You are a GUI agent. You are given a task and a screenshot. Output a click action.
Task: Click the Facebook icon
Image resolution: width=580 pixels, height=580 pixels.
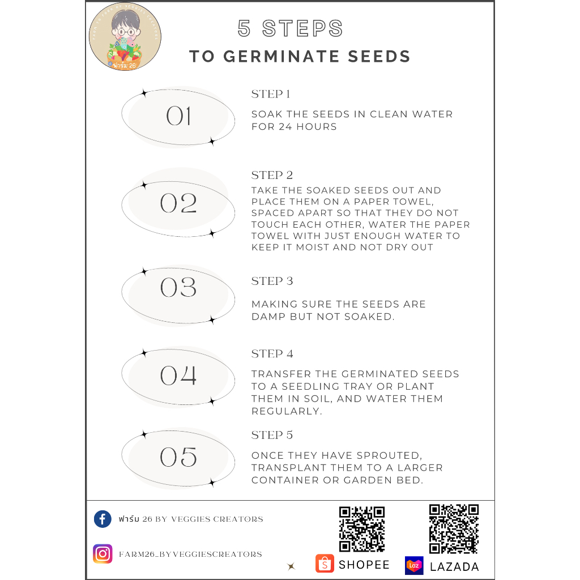[x=103, y=519]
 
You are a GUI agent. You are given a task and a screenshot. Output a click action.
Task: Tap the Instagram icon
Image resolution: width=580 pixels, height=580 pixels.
[x=103, y=554]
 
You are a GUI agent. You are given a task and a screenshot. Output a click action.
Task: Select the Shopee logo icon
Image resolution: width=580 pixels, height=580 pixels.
[x=325, y=564]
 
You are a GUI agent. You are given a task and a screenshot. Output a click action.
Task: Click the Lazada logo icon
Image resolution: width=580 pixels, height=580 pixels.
[x=414, y=566]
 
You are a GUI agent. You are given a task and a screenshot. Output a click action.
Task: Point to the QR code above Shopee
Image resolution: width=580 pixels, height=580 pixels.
[x=362, y=530]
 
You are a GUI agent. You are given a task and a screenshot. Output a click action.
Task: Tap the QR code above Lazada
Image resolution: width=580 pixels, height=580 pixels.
[x=454, y=529]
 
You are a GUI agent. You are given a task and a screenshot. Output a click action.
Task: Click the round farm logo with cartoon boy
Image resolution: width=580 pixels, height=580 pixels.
[x=125, y=37]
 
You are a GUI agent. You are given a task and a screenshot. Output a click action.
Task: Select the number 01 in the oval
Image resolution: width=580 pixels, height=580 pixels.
[x=178, y=116]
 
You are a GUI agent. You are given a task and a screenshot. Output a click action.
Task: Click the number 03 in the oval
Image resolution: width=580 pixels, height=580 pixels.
[x=178, y=287]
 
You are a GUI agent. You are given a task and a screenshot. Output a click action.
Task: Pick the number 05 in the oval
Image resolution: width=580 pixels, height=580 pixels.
[x=178, y=457]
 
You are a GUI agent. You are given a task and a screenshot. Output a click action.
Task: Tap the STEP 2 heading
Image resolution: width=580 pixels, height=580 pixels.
[x=272, y=175]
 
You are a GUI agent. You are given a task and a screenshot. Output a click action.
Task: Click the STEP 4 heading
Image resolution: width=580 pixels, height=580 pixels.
[x=272, y=354]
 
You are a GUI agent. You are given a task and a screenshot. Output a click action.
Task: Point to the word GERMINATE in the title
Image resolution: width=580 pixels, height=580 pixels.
[x=281, y=57]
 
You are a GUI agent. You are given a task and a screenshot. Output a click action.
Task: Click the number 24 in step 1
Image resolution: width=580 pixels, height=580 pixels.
[x=285, y=126]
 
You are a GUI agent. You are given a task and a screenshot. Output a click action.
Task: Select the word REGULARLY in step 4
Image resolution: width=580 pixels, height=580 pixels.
[x=286, y=411]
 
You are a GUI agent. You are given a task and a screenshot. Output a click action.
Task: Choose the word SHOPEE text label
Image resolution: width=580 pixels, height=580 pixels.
[x=364, y=565]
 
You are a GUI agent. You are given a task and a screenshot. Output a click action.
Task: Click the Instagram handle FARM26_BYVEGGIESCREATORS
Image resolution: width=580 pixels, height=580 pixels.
[x=190, y=554]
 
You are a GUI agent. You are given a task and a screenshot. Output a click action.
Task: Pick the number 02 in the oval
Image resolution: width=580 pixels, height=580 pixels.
[x=178, y=203]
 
